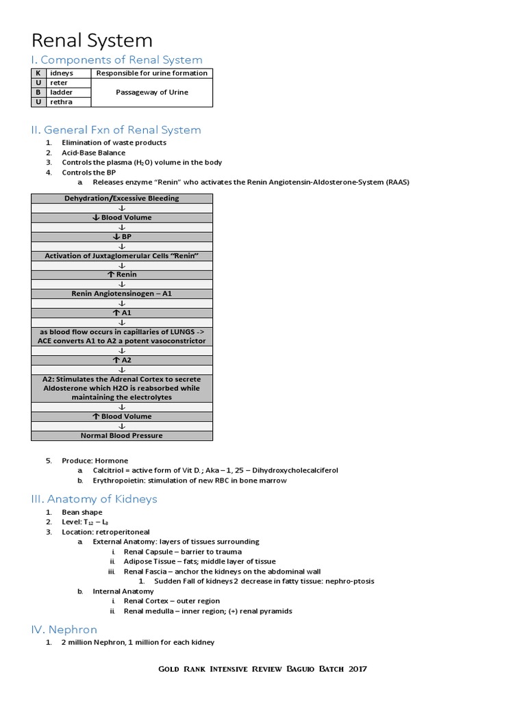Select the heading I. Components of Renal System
(117, 60)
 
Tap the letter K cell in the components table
(38, 73)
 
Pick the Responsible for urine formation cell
(151, 73)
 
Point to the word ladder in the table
(62, 92)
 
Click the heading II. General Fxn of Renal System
(116, 129)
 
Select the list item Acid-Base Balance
(94, 153)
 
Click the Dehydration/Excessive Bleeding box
(122, 199)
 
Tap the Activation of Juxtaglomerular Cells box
(122, 255)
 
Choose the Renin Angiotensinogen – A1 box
(122, 294)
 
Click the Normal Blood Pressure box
(122, 435)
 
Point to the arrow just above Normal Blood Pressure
(122, 426)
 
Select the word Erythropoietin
(116, 481)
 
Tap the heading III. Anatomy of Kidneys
(95, 498)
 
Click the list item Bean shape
(82, 512)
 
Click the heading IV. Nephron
(64, 629)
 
